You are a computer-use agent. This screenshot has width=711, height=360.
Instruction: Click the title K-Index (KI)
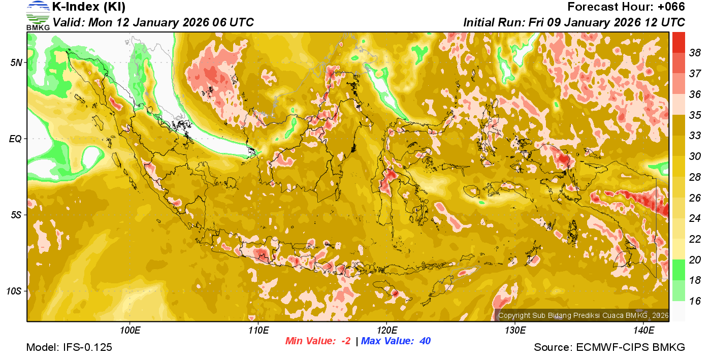[x=89, y=7]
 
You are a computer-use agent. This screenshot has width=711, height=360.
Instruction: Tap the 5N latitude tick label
[x=16, y=62]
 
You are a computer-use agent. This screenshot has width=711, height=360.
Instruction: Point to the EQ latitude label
[x=16, y=139]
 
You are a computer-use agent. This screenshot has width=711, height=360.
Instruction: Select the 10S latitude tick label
[x=14, y=291]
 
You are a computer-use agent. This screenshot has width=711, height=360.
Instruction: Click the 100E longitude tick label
[x=130, y=331]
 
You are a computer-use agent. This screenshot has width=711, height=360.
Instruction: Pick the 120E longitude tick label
[x=386, y=331]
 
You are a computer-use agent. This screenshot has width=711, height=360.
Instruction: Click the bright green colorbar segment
[x=678, y=270]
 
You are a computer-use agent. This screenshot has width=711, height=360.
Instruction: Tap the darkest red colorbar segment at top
[x=678, y=42]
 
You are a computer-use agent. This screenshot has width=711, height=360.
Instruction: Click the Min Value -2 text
[x=318, y=341]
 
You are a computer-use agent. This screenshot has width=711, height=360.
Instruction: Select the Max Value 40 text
[x=396, y=341]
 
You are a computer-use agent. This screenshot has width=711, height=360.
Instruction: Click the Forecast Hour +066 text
[x=626, y=7]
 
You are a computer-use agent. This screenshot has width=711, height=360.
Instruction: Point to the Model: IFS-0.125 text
[x=69, y=348]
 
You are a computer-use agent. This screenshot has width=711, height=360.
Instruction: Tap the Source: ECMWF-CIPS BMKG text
[x=609, y=348]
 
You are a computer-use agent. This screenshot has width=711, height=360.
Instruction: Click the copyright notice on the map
[x=583, y=315]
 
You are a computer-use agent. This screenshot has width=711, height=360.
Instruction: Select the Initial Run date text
[x=574, y=22]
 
